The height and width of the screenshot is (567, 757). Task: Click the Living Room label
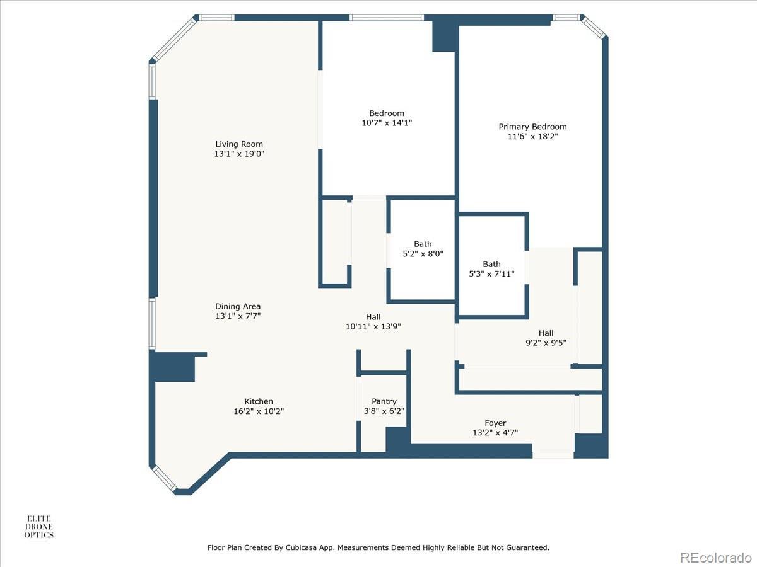(x=239, y=144)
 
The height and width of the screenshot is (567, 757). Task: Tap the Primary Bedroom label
(x=532, y=127)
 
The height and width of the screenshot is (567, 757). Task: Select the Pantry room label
(x=384, y=401)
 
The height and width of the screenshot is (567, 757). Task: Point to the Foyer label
(x=495, y=423)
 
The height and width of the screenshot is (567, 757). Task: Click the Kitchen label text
(x=258, y=401)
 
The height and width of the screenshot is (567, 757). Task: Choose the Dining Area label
(x=238, y=306)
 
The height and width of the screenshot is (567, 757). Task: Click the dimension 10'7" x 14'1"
(x=387, y=123)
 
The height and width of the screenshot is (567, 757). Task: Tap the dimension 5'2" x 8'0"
(x=423, y=254)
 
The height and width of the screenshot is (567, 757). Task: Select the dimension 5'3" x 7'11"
(x=491, y=274)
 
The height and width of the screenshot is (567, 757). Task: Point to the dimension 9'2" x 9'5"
(x=546, y=343)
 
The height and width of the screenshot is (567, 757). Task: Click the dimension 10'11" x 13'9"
(x=373, y=326)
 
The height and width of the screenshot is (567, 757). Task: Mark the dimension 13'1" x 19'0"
(x=239, y=154)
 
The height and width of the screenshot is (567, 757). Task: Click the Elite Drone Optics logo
(x=38, y=527)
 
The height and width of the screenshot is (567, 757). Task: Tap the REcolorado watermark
(x=715, y=557)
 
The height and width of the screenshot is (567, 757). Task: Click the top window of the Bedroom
(x=387, y=18)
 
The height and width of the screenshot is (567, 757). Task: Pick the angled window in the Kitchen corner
(x=164, y=478)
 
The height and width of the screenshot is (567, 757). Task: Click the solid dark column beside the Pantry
(x=397, y=439)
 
